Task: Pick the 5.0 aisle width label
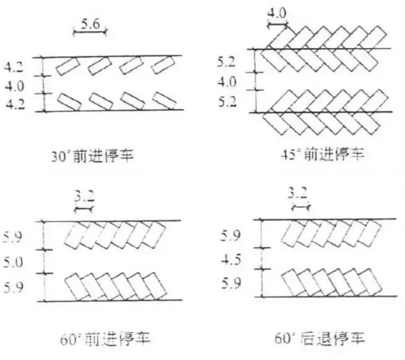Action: coord(14,262)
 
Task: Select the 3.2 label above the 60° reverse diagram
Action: coord(299,195)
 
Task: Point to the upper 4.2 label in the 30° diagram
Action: coord(14,65)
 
